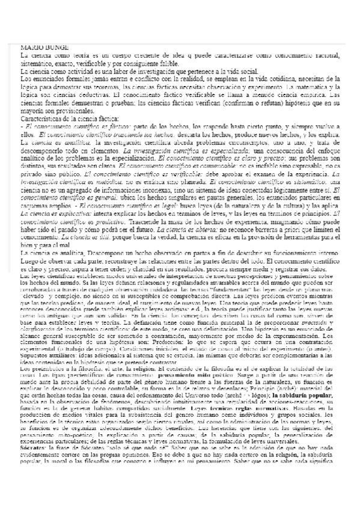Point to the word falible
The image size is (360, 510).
(167, 63)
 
